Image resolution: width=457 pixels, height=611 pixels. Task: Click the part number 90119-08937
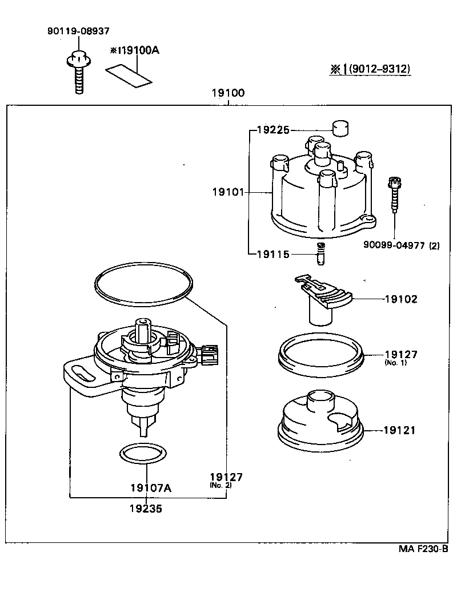(78, 30)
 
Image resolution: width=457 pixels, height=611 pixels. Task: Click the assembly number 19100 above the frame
(228, 94)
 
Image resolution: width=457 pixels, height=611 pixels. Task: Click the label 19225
(274, 130)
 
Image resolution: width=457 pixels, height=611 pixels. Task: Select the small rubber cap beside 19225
(340, 129)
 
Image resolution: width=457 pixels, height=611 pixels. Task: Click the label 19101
(227, 193)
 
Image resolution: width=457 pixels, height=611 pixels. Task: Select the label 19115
(274, 254)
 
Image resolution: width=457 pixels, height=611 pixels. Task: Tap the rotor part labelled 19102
(323, 297)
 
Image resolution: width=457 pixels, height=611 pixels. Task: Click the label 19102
(400, 299)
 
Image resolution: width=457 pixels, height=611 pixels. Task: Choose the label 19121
(400, 430)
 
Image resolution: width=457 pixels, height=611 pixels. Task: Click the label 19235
(146, 508)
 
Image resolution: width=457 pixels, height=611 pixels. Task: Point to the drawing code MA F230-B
(423, 549)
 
